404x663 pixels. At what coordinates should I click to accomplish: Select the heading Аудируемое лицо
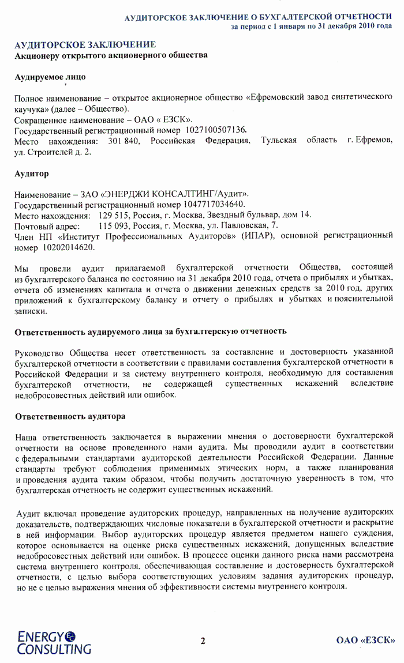(x=50, y=77)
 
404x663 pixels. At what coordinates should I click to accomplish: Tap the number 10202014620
(x=69, y=247)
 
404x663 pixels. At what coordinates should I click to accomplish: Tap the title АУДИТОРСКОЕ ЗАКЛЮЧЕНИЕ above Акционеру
(x=85, y=44)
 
